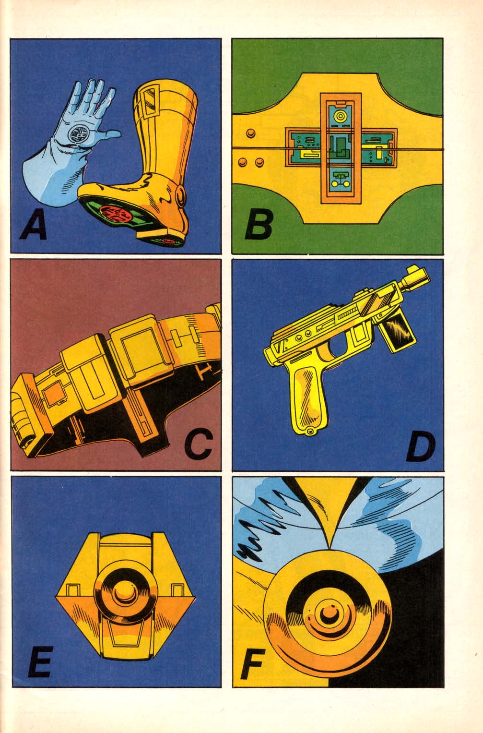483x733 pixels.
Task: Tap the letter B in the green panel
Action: [259, 224]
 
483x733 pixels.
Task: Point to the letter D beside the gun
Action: [421, 446]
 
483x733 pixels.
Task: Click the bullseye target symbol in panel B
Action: [341, 116]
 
